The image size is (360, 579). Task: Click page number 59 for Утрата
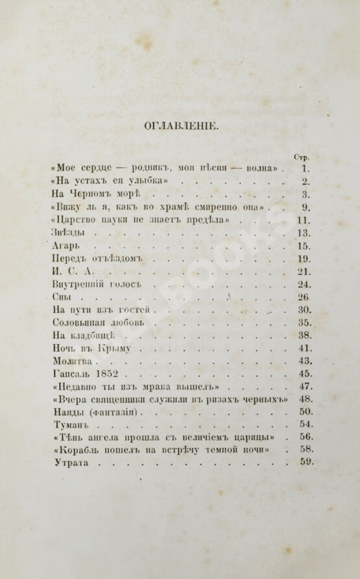307,462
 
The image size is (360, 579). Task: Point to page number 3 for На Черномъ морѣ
307,195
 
